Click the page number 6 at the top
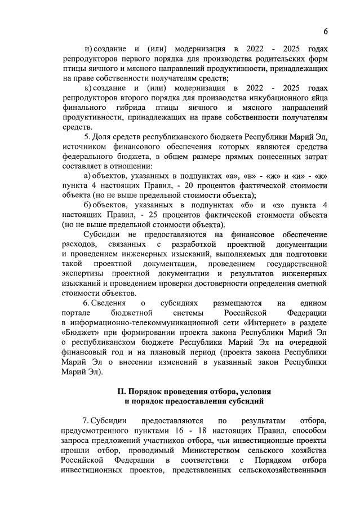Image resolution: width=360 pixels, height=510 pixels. point(326,30)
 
